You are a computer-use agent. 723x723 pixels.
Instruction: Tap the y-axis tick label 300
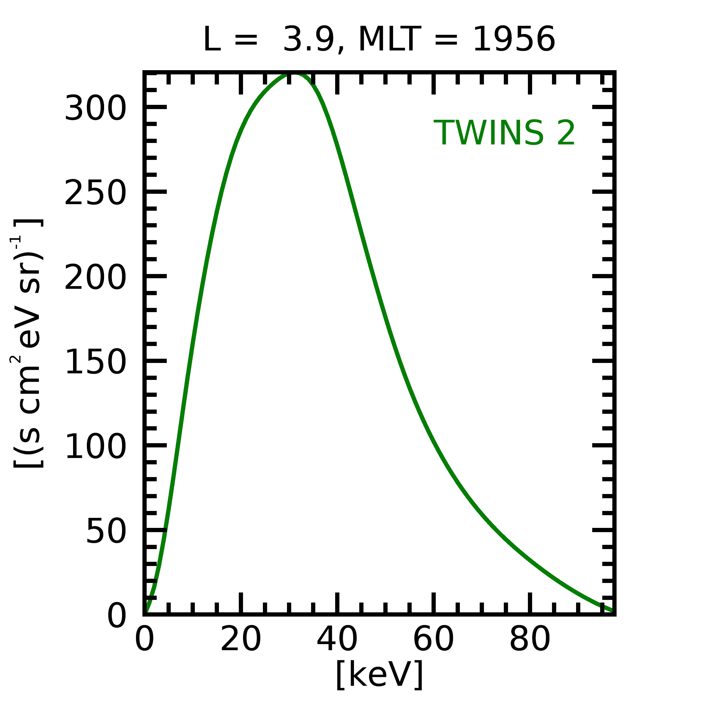tap(95, 109)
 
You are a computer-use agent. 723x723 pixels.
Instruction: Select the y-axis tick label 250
tap(95, 193)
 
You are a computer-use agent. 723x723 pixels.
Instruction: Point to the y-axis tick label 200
tap(95, 277)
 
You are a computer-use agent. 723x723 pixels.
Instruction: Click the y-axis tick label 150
tap(95, 362)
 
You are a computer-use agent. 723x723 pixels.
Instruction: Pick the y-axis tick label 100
tap(95, 446)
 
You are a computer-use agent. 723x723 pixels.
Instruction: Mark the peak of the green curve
tap(294, 74)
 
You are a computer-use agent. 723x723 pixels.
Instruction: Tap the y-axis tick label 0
tap(117, 616)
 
